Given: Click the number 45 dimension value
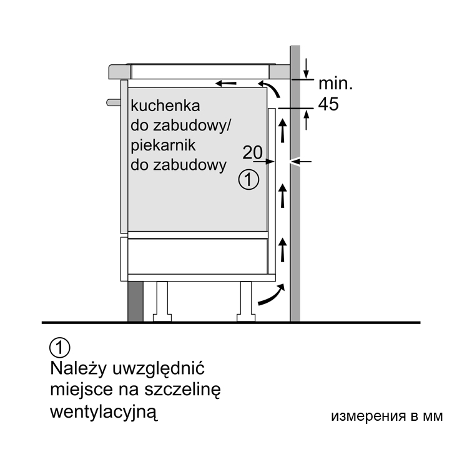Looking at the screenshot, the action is pyautogui.click(x=328, y=104).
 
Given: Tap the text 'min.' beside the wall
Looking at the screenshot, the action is pyautogui.click(x=335, y=84).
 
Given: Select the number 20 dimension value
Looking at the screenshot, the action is pyautogui.click(x=252, y=152).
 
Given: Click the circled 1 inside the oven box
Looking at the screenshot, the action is pyautogui.click(x=248, y=179).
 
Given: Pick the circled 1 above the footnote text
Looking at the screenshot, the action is pyautogui.click(x=60, y=348).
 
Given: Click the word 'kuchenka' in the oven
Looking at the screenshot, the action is pyautogui.click(x=165, y=106).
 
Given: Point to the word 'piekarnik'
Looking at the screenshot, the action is pyautogui.click(x=163, y=145).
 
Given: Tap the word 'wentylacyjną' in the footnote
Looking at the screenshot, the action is pyautogui.click(x=104, y=411).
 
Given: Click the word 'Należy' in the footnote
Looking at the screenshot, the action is pyautogui.click(x=78, y=368).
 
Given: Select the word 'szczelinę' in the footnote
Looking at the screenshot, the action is pyautogui.click(x=182, y=390).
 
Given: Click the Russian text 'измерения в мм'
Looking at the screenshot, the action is pyautogui.click(x=387, y=416).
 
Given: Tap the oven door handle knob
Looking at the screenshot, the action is pyautogui.click(x=114, y=102).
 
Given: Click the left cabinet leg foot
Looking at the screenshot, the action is pyautogui.click(x=162, y=318).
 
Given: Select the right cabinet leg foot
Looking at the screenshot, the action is pyautogui.click(x=246, y=318).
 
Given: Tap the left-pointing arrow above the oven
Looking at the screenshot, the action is pyautogui.click(x=226, y=84).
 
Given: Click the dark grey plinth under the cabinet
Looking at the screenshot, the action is pyautogui.click(x=135, y=301).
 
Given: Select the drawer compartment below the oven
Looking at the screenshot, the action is pyautogui.click(x=197, y=256).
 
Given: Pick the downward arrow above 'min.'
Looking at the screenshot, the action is pyautogui.click(x=306, y=68).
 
